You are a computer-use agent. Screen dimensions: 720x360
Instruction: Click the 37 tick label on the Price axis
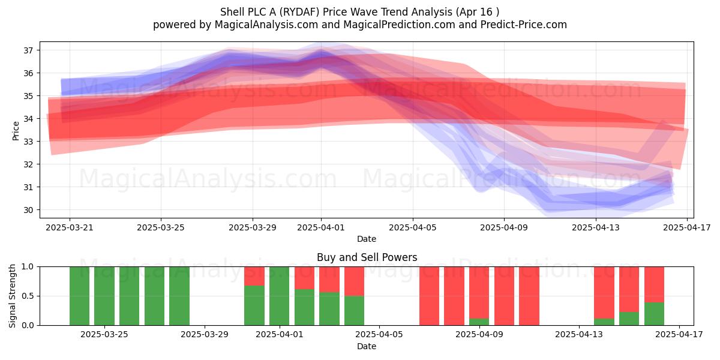pyautogui.click(x=29, y=50)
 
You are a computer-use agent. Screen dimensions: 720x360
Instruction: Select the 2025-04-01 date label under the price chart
pyautogui.click(x=321, y=227)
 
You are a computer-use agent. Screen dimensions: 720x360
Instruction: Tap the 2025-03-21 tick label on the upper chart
pyautogui.click(x=70, y=227)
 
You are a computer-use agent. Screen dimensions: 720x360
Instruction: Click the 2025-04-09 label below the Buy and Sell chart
pyautogui.click(x=479, y=334)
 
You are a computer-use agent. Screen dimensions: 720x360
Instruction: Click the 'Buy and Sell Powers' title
pyautogui.click(x=367, y=257)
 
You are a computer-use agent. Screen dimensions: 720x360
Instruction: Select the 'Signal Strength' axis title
pyautogui.click(x=12, y=296)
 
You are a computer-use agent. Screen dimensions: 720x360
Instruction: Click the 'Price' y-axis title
pyautogui.click(x=16, y=131)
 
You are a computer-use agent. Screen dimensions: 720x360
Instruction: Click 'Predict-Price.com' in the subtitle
pyautogui.click(x=524, y=25)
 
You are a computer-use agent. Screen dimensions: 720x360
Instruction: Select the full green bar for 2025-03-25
pyautogui.click(x=104, y=296)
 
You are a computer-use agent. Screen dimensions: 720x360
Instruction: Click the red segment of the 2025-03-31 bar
pyautogui.click(x=254, y=276)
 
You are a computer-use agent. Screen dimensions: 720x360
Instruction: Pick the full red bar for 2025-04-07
pyautogui.click(x=429, y=296)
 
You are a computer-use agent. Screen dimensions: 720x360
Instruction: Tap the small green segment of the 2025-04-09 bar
pyautogui.click(x=479, y=322)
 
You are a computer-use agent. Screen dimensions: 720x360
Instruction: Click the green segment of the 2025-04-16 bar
pyautogui.click(x=654, y=314)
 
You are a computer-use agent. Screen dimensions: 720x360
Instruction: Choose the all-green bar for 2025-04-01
pyautogui.click(x=279, y=296)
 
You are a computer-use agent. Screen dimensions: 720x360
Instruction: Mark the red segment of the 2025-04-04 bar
pyautogui.click(x=354, y=281)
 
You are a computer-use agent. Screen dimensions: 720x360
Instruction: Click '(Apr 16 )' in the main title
pyautogui.click(x=477, y=12)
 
